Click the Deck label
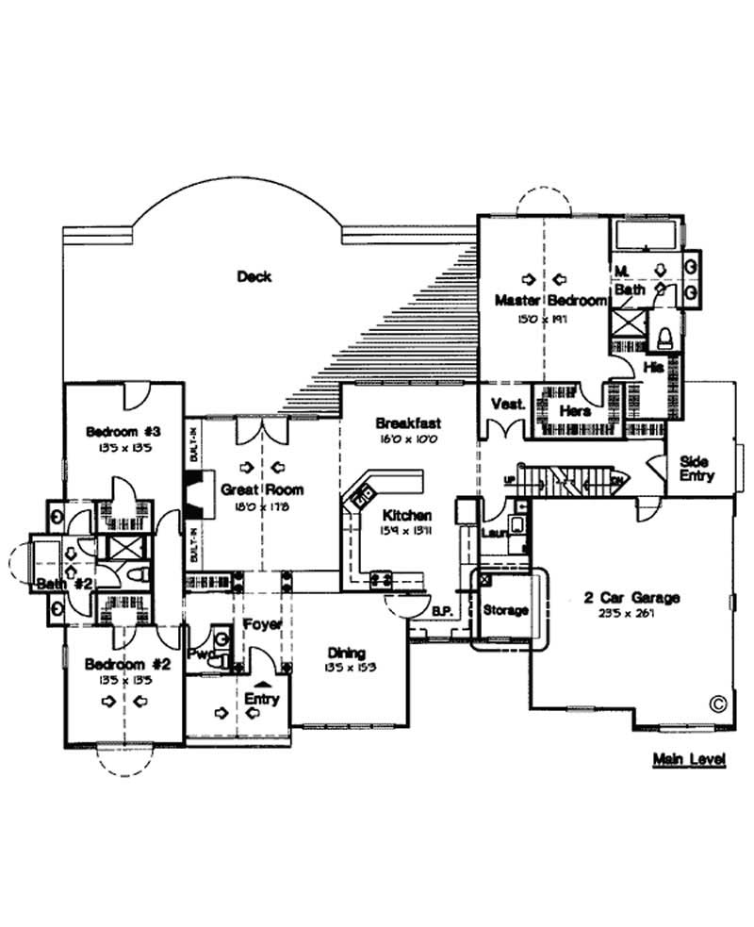[254, 276]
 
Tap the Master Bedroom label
[551, 301]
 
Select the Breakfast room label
[407, 423]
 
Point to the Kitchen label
[407, 517]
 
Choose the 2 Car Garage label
[631, 598]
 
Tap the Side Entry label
[697, 469]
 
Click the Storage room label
[505, 610]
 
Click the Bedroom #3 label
[123, 432]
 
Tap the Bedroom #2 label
[126, 664]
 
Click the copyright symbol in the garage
[716, 703]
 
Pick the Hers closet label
[575, 411]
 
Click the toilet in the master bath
[664, 336]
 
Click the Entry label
[261, 700]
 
